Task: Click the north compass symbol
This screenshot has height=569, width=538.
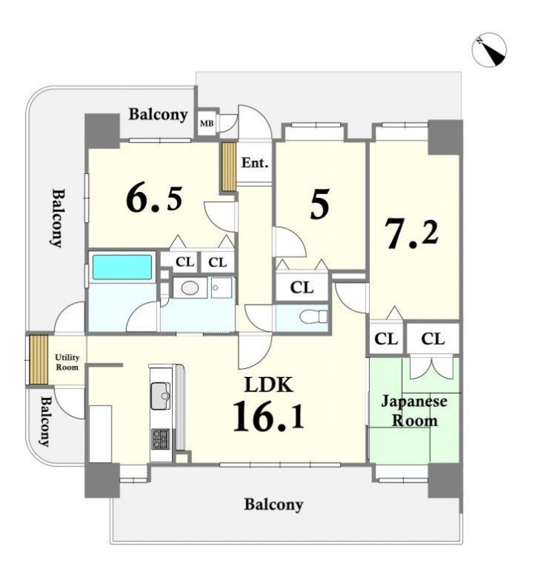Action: coord(490,50)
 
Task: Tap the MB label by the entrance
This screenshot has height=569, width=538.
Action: coord(207,123)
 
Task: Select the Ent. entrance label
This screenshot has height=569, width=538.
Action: coord(254,163)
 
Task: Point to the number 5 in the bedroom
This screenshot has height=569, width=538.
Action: coord(320,204)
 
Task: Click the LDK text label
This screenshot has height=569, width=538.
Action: coord(269,385)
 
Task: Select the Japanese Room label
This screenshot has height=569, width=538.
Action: coord(414,411)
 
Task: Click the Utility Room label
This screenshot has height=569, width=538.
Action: coord(67,362)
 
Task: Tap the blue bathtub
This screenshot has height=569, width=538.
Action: coord(122,267)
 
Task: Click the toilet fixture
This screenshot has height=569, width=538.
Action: coord(314,316)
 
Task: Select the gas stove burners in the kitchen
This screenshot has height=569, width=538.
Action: coord(161,439)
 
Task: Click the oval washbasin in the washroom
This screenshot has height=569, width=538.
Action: coord(190,289)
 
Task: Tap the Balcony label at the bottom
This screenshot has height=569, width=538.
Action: coord(273,505)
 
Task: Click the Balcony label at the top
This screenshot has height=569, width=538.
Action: coord(158,115)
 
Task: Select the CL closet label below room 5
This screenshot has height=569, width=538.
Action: coord(301,288)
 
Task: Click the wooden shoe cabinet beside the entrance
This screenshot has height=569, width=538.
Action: coord(229,167)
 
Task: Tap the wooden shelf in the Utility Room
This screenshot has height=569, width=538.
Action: coord(39,359)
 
